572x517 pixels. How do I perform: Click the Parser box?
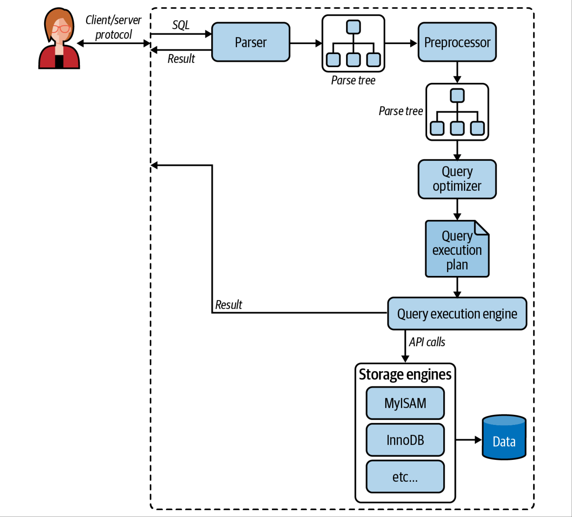point(251,42)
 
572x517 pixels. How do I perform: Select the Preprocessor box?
point(457,42)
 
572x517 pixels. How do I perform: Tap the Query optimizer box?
point(457,179)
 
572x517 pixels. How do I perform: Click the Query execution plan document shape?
point(457,249)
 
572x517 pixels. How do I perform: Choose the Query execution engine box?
point(457,314)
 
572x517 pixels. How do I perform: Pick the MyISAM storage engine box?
point(405,403)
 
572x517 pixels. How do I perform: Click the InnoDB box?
point(405,440)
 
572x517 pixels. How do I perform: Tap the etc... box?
point(405,477)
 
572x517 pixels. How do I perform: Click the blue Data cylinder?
point(504,437)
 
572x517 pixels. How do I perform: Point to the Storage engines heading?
point(405,375)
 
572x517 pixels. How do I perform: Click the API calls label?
point(427,342)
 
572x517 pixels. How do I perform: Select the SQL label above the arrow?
point(181,25)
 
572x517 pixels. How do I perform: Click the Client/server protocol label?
point(113,27)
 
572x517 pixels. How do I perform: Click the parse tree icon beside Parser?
point(353,43)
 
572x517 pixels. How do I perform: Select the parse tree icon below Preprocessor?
point(457,112)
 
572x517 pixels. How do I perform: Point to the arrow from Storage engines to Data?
point(469,440)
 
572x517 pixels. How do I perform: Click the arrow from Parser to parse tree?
point(306,43)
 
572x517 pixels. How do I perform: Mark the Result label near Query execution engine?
point(228,305)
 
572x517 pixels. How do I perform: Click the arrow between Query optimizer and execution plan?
point(457,210)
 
